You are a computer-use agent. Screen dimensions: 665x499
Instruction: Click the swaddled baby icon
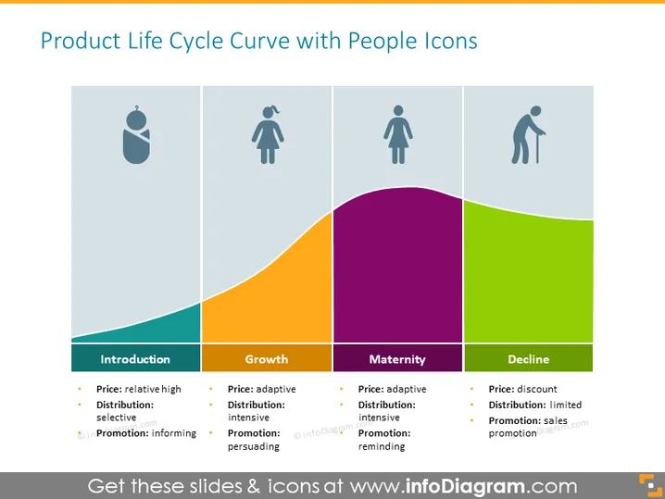point(136,135)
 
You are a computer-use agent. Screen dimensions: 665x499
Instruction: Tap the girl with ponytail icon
point(268,135)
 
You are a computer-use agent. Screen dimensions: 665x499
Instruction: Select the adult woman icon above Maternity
point(398,134)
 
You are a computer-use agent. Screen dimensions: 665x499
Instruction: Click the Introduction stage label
point(135,359)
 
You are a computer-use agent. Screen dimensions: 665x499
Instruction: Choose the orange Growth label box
point(267,358)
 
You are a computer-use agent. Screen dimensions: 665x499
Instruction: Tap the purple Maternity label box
point(397,358)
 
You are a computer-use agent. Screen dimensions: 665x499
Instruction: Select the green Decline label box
point(529,358)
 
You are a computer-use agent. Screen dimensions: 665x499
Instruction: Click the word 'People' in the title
point(383,42)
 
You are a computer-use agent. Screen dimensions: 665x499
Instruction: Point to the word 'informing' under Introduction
point(174,433)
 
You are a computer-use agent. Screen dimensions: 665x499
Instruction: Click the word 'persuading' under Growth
point(254,446)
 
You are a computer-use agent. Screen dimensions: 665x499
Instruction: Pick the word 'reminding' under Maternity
point(382,446)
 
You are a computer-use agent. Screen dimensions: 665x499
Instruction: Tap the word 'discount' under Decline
point(537,389)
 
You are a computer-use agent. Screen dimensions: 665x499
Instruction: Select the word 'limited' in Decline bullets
point(566,405)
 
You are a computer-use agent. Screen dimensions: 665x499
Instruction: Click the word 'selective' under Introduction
point(116,418)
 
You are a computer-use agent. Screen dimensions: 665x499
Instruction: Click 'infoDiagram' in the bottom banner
point(465,486)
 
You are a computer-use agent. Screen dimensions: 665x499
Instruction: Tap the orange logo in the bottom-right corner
point(650,485)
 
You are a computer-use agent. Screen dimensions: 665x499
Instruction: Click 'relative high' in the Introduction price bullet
point(153,389)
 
